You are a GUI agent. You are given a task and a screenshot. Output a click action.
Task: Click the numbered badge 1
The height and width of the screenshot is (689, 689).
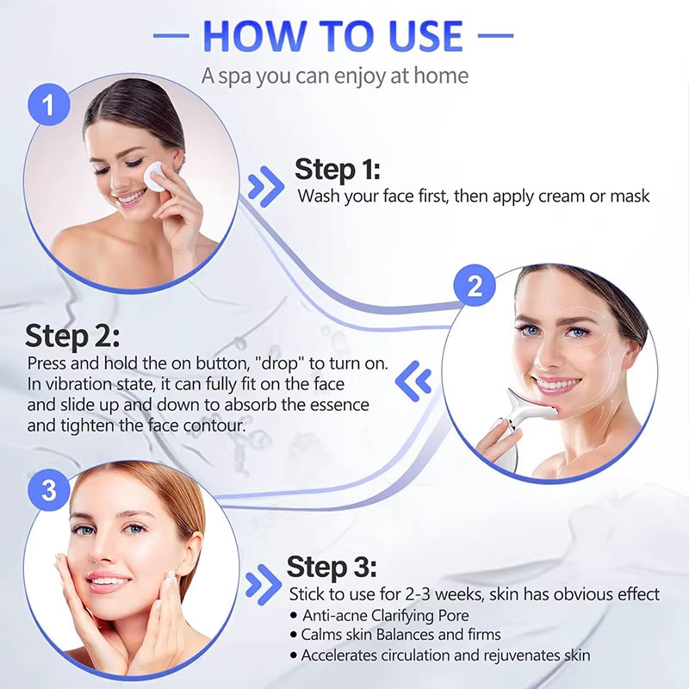pos(49,106)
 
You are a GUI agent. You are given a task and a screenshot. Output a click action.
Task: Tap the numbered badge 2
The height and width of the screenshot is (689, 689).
pos(475,288)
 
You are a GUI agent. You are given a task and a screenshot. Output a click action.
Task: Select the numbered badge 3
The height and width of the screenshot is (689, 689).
pos(49,491)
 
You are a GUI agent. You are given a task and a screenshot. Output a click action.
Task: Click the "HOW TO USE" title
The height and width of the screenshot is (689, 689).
pos(332,36)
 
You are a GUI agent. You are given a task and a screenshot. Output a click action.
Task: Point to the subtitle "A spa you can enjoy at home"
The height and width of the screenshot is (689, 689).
pos(335,76)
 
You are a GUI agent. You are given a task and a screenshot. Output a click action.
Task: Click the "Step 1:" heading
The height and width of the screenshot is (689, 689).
pos(337,169)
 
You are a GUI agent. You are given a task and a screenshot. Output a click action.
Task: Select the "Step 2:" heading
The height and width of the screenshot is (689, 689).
pos(72,335)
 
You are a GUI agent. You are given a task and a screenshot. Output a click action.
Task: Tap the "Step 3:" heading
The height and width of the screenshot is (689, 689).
pos(331,568)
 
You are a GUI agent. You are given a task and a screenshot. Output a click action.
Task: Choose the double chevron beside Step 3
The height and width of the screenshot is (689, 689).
pos(263,585)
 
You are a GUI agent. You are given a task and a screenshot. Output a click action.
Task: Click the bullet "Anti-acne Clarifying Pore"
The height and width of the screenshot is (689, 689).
pos(386,615)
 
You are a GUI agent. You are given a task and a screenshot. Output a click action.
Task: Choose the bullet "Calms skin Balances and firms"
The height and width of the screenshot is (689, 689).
pos(400,635)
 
